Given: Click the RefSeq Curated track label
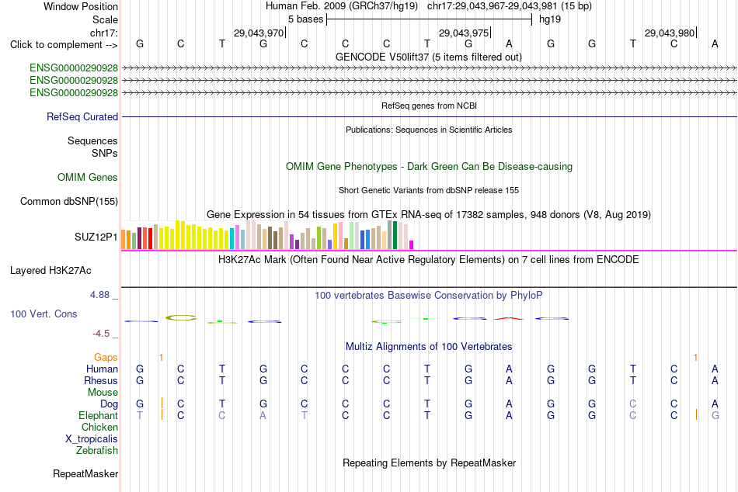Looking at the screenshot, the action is [82, 116].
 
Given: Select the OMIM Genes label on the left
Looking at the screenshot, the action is [88, 178].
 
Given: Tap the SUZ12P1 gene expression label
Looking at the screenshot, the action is [96, 237].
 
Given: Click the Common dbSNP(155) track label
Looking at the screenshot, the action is [69, 201].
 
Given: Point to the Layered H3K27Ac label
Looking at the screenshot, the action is [50, 271].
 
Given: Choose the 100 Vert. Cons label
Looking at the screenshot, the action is [44, 314].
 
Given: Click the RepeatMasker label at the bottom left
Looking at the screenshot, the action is [85, 473].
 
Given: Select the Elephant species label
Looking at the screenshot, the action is [99, 416].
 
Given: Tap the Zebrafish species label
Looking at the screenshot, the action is [97, 451].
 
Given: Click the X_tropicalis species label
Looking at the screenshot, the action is [92, 439].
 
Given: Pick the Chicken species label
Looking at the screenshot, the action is [99, 427].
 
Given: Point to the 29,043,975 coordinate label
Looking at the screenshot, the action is [464, 33].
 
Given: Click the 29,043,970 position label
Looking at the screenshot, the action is [259, 33].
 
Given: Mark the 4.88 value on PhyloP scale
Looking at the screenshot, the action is [99, 295].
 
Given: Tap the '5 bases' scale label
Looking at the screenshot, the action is [306, 19].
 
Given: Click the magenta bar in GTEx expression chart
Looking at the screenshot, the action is [412, 244].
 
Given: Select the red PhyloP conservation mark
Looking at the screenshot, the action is [509, 318].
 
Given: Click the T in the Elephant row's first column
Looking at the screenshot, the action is [140, 416].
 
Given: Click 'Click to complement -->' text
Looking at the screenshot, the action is [64, 45].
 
